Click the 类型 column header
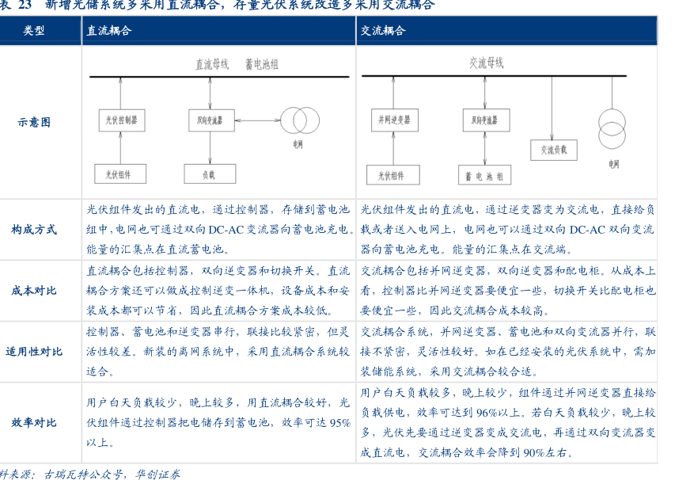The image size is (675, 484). (34, 31)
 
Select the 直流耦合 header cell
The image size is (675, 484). (108, 31)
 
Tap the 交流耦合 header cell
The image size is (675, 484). (383, 31)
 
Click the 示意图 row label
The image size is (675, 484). (34, 122)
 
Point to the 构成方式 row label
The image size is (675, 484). (34, 230)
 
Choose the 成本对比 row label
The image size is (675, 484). (34, 291)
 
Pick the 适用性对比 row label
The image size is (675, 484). (34, 351)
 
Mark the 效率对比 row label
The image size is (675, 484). (34, 423)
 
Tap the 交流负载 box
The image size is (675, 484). (553, 149)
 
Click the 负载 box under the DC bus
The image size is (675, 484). (209, 173)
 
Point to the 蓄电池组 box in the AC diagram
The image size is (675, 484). (485, 175)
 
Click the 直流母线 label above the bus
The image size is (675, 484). (211, 64)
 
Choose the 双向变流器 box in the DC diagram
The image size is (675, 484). (210, 120)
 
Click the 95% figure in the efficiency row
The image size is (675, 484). (340, 423)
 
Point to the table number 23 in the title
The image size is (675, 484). (24, 6)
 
